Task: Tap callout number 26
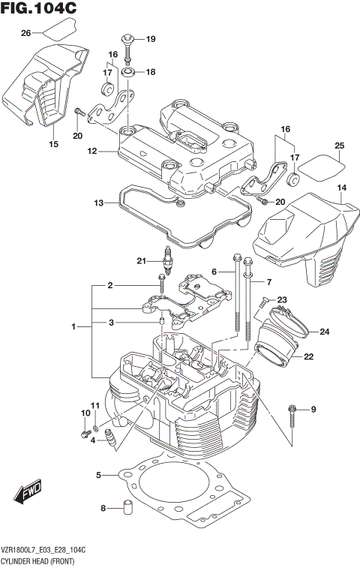(x=25, y=33)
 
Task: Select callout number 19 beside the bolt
(x=150, y=39)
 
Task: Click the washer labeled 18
(x=128, y=73)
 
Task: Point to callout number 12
(x=92, y=151)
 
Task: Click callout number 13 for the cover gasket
(x=98, y=203)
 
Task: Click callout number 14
(x=342, y=187)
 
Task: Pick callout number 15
(x=52, y=144)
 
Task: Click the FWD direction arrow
(x=28, y=494)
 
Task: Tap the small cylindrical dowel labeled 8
(x=127, y=508)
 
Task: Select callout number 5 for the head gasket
(x=98, y=475)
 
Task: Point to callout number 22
(x=308, y=357)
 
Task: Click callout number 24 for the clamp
(x=324, y=332)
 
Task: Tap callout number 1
(x=73, y=327)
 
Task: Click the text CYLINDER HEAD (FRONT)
(x=46, y=560)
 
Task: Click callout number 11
(x=95, y=406)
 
